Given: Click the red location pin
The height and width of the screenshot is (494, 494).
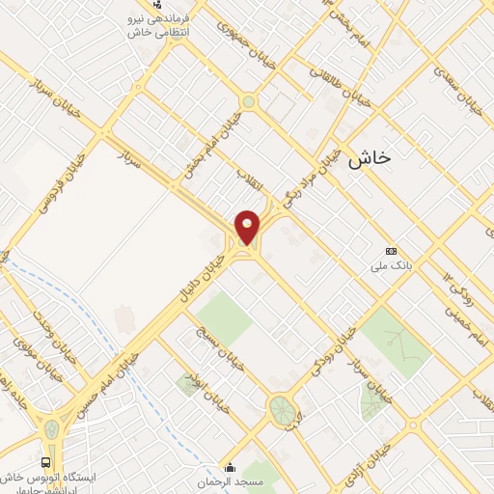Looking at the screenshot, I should point(248,228).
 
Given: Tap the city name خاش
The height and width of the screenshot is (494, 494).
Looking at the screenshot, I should point(373,160).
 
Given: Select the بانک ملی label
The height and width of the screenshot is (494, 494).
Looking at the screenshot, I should point(396,263).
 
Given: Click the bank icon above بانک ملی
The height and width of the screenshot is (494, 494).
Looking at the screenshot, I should point(390,249).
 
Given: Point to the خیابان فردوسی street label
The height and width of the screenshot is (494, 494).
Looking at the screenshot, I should point(59,184).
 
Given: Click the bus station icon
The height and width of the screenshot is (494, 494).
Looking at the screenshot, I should point(45,462).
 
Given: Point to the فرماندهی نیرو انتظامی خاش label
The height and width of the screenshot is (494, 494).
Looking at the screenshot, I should point(159,26).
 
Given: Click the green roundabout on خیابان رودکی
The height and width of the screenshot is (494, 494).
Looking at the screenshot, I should point(282,408).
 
